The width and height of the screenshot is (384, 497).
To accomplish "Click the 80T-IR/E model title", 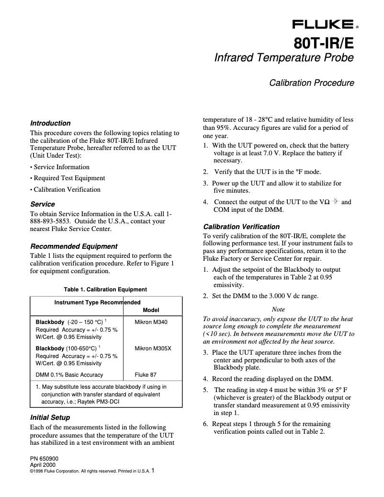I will pos(324,43).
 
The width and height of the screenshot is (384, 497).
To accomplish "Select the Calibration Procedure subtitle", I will pos(311,83).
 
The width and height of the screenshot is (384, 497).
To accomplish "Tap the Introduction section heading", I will pos(50,123).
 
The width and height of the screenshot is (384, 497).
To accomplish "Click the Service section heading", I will pos(43,204).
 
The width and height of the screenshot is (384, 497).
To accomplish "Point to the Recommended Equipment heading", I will pos(74,246).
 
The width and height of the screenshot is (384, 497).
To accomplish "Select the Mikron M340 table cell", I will pos(152,322).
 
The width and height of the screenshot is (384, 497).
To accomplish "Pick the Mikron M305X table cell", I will pos(153,348).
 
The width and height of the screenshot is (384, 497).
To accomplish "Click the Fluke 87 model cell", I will pos(147,375).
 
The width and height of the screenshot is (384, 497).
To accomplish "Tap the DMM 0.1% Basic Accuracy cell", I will pos(69,375).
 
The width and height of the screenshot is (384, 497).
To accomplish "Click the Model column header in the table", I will pos(151,310).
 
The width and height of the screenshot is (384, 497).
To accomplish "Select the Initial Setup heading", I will pos(50,417).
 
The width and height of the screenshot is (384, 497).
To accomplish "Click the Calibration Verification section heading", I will pos(241,227).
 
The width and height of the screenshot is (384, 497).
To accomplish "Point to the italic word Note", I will pos(278,310).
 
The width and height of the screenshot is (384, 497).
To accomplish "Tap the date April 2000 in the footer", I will pos(43,465).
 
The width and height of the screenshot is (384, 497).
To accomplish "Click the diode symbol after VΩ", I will pos(336,202).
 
